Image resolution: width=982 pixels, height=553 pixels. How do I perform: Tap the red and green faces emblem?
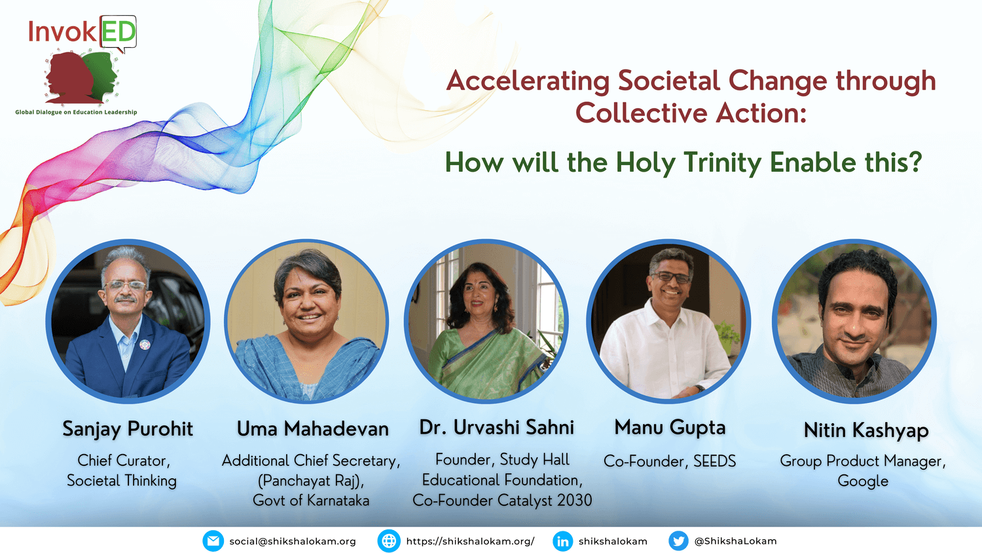point(82,78)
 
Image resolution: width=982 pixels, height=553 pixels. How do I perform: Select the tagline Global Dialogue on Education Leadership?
point(77,112)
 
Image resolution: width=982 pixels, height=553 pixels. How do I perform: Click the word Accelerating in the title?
point(528,82)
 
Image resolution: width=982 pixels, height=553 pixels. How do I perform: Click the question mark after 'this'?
point(915,161)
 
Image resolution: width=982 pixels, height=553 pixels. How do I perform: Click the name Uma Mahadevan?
point(312,429)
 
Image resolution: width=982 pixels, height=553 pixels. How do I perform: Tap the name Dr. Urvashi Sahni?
point(496,427)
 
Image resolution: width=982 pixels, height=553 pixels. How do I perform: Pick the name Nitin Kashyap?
point(866,430)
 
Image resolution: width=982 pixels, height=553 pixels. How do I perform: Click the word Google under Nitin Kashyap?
point(863,482)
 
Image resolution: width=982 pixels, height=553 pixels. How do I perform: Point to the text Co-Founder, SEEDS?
point(670,461)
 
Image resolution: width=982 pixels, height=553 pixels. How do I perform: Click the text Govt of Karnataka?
point(311,501)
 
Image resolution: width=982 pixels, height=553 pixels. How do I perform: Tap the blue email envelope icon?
point(213,541)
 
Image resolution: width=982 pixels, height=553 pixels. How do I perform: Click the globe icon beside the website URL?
point(389,541)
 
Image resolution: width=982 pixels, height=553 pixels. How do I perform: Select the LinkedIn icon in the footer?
point(563,541)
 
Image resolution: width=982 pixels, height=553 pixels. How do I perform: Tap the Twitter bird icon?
point(678,541)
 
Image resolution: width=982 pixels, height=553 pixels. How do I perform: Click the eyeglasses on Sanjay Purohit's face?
point(126,285)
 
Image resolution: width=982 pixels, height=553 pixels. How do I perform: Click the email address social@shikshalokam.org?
point(293,542)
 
